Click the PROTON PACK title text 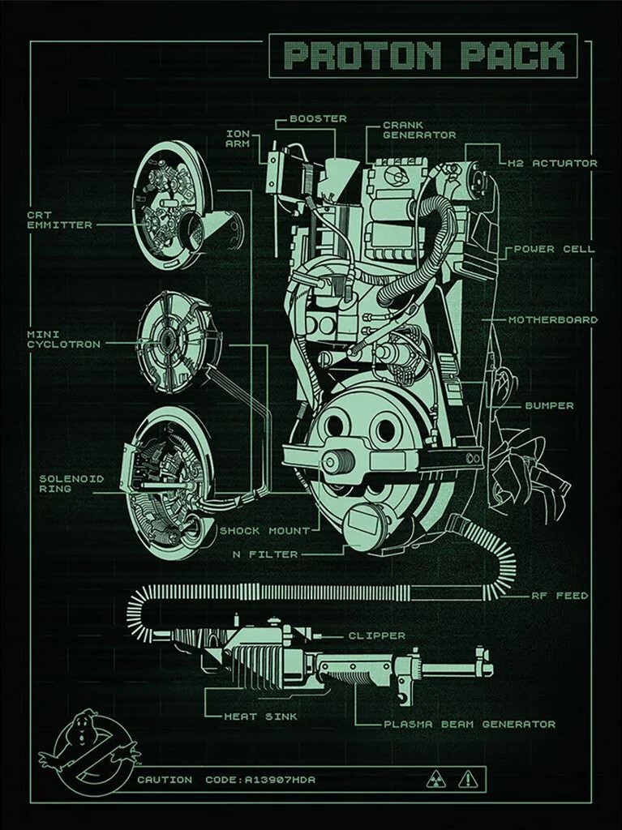424,56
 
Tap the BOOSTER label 318,118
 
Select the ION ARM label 238,139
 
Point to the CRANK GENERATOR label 419,130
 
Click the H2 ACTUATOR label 552,163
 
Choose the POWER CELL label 554,249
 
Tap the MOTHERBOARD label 553,319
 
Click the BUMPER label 549,405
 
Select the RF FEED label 560,596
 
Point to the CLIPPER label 376,635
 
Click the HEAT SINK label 260,717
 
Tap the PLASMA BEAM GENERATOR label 470,724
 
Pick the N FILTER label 265,554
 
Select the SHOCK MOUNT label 264,531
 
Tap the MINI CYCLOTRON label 63,339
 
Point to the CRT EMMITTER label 59,220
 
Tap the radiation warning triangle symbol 436,780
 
